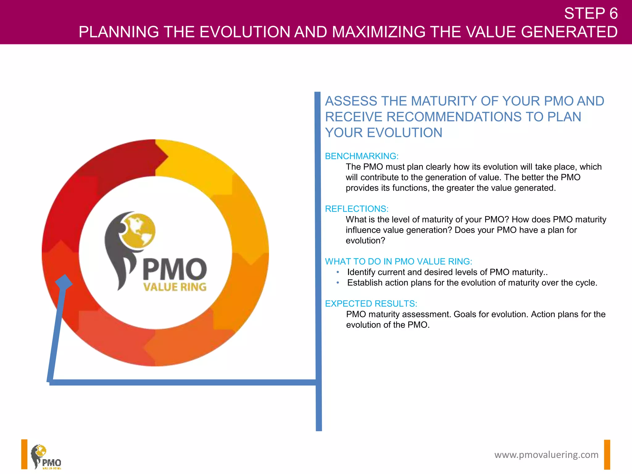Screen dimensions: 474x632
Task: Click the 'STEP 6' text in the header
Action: click(x=591, y=14)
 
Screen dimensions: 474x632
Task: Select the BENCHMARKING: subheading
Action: click(x=362, y=156)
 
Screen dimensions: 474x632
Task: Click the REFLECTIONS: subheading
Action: click(x=356, y=209)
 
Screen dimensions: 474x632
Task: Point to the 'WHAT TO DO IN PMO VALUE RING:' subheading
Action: click(x=398, y=261)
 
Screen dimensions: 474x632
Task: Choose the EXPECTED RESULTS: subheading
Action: click(x=371, y=304)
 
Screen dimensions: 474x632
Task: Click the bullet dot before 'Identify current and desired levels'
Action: click(x=338, y=272)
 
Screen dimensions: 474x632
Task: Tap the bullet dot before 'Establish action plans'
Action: click(x=338, y=283)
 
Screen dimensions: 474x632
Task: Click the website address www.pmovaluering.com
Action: click(x=546, y=455)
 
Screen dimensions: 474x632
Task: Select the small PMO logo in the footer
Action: click(x=46, y=457)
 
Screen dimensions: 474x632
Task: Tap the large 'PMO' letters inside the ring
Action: click(x=175, y=269)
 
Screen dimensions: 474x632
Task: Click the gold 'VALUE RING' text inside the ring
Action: click(x=175, y=287)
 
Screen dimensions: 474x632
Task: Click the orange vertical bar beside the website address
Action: click(x=607, y=455)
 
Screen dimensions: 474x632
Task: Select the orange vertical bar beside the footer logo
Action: click(x=24, y=454)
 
